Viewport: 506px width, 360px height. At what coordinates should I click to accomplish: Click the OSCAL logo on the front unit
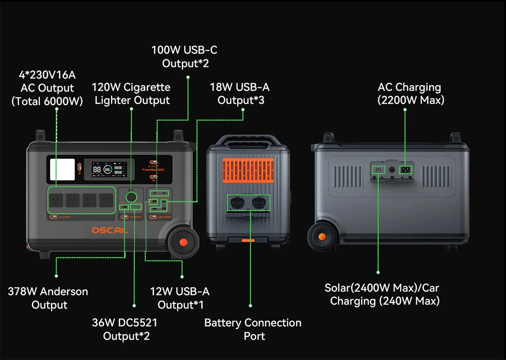click(x=110, y=230)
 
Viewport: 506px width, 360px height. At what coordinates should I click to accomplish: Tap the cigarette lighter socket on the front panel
click(x=131, y=197)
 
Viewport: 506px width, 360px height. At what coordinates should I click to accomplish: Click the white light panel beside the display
click(x=62, y=170)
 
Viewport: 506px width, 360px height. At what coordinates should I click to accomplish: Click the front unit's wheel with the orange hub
click(x=183, y=241)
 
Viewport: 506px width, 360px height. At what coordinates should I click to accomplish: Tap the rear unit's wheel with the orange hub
click(x=322, y=237)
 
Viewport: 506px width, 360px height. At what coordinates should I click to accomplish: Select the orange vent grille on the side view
click(x=248, y=170)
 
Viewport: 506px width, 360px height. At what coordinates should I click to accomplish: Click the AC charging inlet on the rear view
click(x=405, y=170)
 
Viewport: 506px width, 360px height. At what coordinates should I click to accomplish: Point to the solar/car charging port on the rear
click(x=378, y=170)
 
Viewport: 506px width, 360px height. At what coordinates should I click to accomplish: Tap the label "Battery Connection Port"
click(x=253, y=329)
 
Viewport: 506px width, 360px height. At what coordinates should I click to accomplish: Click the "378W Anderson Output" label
click(x=48, y=298)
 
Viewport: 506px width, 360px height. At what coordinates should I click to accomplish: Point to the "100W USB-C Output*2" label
click(x=185, y=57)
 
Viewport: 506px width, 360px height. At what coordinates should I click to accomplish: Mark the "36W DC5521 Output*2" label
click(x=125, y=329)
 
